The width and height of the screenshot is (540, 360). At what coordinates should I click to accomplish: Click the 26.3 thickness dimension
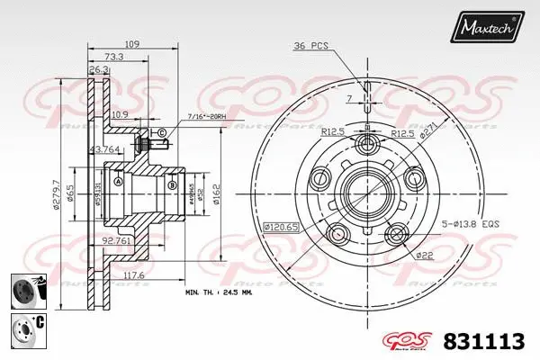[x=99, y=68]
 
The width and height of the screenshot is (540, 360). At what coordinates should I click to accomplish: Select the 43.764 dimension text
[x=105, y=149]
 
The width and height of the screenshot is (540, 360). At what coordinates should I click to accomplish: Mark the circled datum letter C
[x=161, y=134]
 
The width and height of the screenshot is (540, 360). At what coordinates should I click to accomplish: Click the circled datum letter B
[x=170, y=186]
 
